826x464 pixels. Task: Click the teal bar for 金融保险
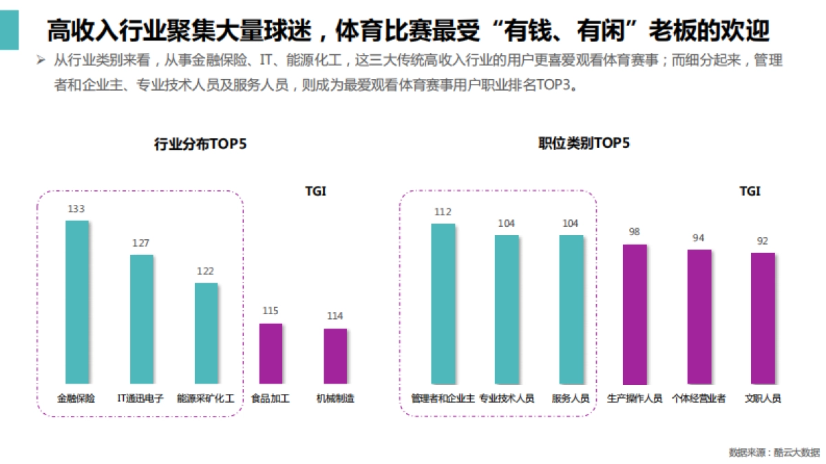click(x=77, y=302)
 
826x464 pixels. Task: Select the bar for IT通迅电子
click(x=142, y=319)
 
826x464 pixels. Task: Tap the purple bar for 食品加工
click(x=271, y=353)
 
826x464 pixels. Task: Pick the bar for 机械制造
click(x=335, y=356)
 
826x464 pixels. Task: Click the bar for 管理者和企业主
click(x=443, y=303)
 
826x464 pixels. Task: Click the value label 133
click(x=76, y=208)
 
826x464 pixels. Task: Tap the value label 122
click(x=206, y=271)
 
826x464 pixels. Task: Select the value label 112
click(x=443, y=212)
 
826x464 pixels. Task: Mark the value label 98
click(x=635, y=232)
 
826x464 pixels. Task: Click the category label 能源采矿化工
click(x=206, y=398)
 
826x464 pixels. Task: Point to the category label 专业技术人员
click(x=507, y=398)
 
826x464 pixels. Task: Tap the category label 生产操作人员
click(x=635, y=398)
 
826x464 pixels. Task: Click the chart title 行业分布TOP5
click(x=200, y=144)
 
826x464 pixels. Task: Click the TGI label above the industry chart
click(x=315, y=191)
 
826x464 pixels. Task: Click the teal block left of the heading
click(x=9, y=31)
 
